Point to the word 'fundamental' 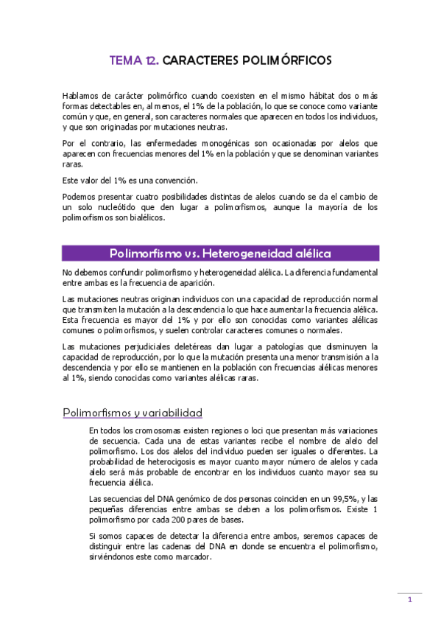(x=350, y=273)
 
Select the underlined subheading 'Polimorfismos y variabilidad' (x=133, y=413)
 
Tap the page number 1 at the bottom (x=409, y=599)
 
